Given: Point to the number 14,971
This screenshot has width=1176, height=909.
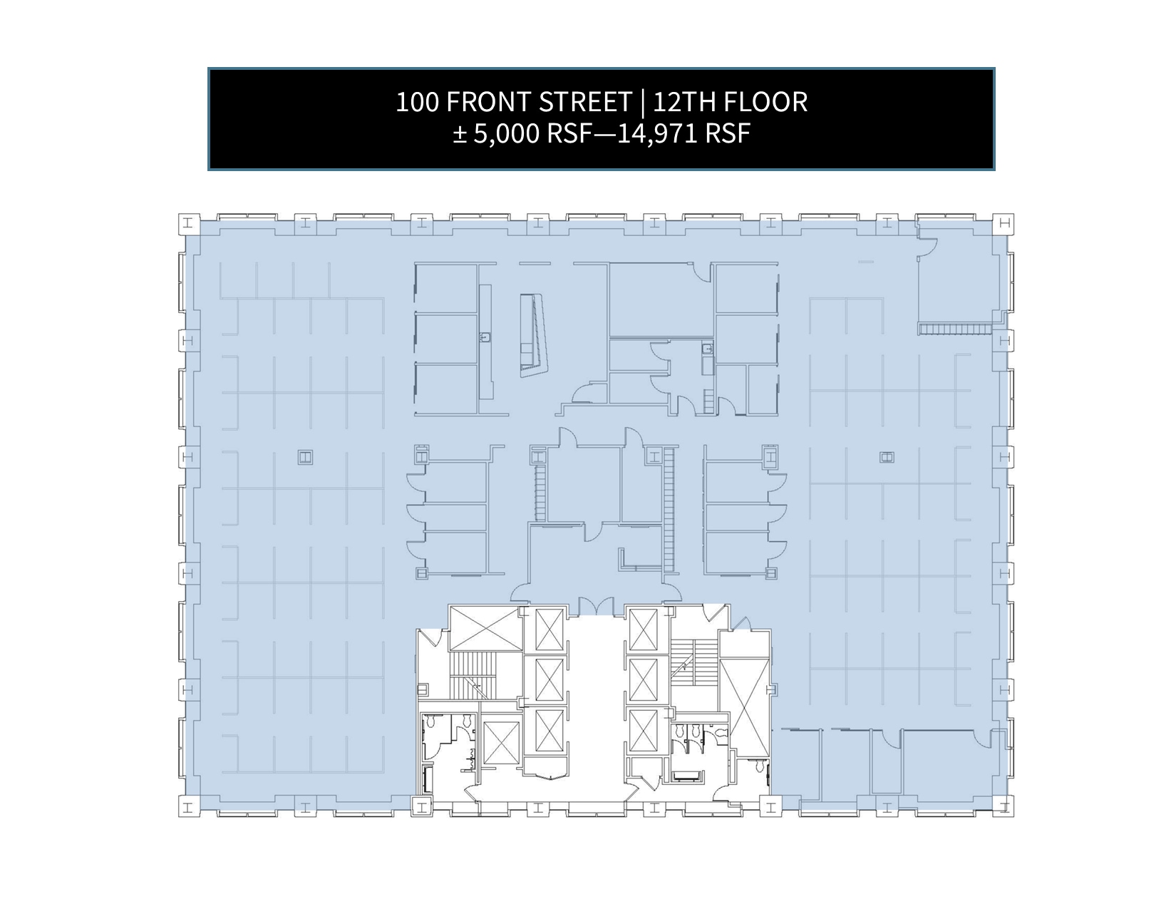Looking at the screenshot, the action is (x=657, y=134).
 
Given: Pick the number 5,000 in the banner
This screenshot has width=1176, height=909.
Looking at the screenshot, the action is (x=507, y=134).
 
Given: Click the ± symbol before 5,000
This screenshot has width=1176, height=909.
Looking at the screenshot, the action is (x=460, y=135).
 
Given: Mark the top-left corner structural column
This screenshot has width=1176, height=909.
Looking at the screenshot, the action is (x=189, y=224).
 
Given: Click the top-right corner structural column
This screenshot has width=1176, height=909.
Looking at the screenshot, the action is (x=1004, y=224).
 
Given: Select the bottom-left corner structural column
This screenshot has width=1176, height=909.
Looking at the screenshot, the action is (x=189, y=806).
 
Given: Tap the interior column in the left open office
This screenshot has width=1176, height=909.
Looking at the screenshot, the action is (x=305, y=458).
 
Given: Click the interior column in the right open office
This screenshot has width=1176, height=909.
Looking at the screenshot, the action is (x=887, y=458).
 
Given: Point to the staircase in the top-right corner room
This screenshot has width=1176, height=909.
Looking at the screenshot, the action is (x=954, y=329).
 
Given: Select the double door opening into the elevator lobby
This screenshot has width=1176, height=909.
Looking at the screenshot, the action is (x=596, y=607).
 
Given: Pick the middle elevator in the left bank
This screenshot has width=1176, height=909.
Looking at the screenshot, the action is (x=550, y=680).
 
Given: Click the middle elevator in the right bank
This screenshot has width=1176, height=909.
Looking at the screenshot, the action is (x=644, y=680).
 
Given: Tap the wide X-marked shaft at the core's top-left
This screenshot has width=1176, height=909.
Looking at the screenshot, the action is (x=486, y=628).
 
